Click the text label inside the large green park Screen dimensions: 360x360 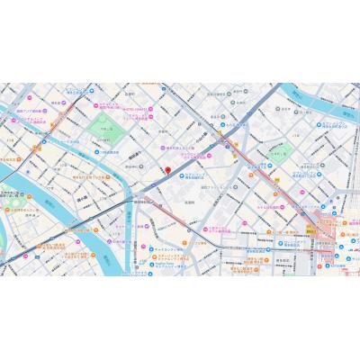tap(107, 131)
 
